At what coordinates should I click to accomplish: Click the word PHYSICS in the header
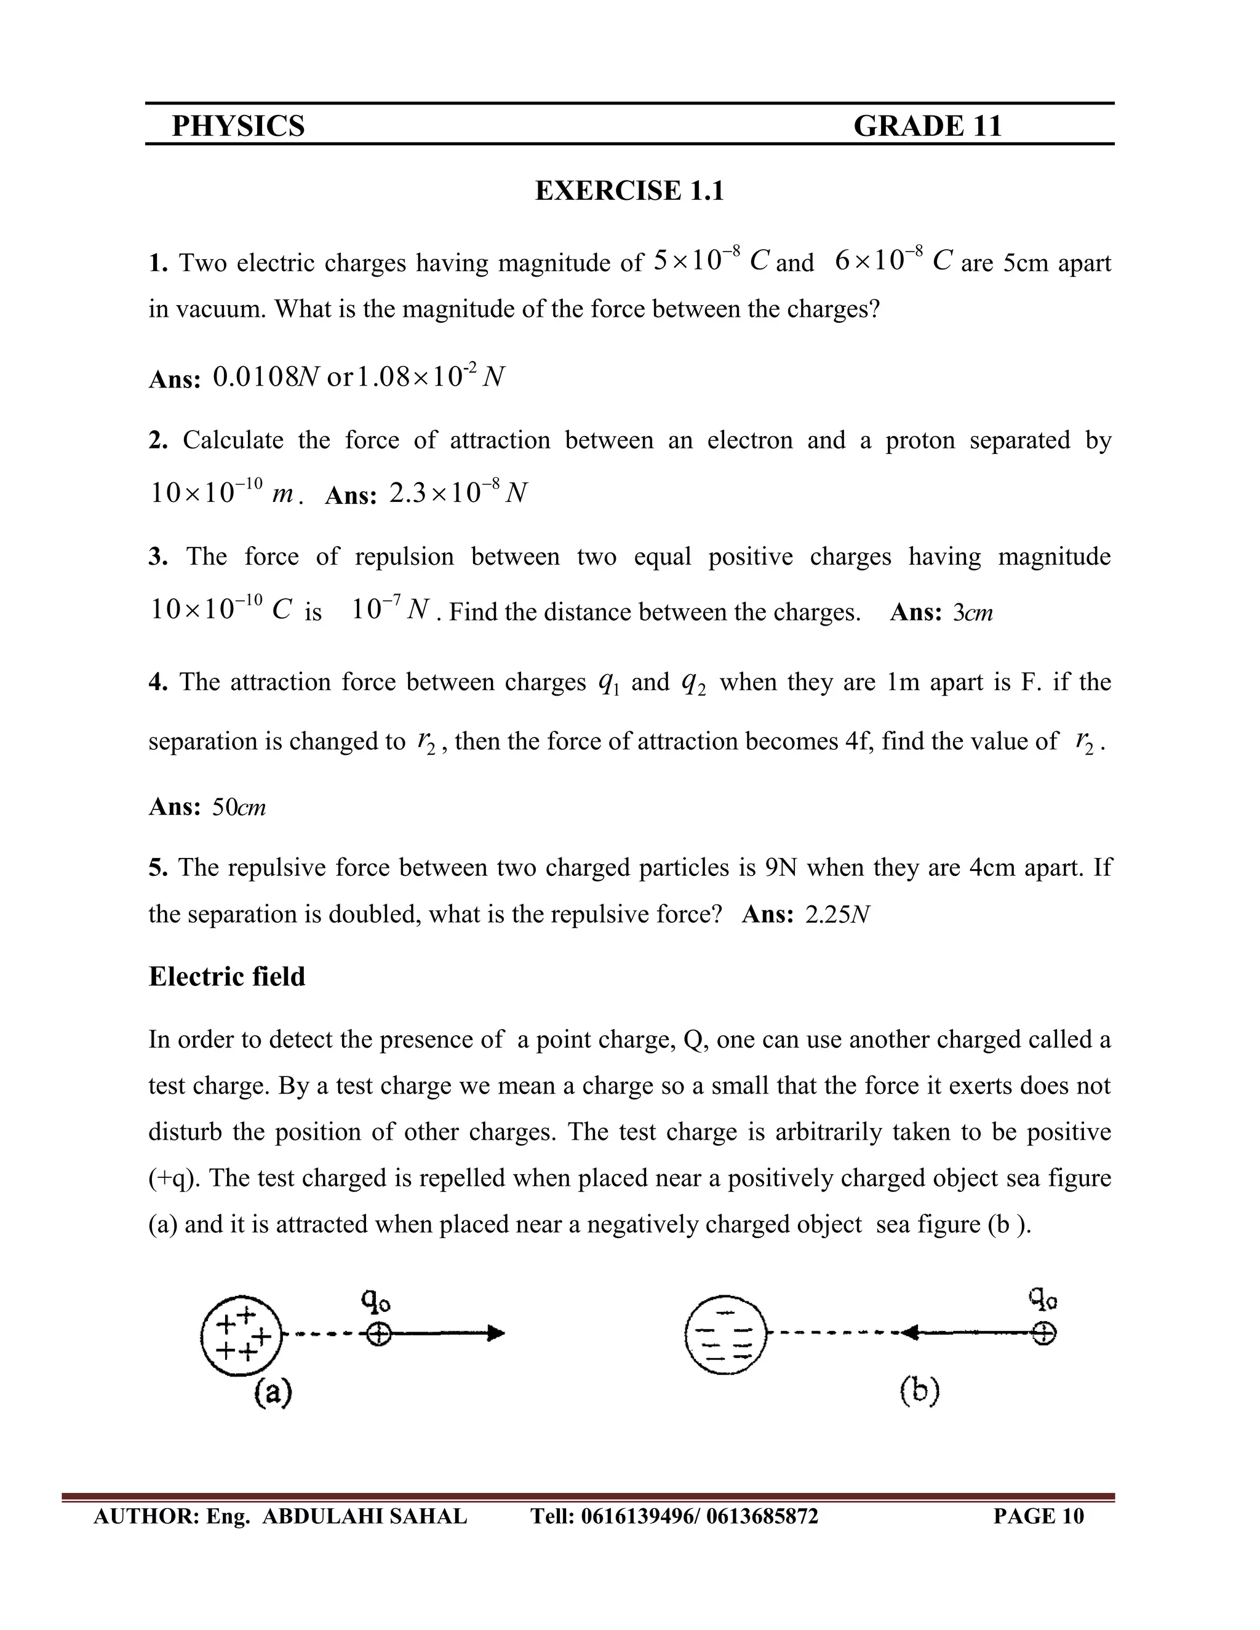(238, 126)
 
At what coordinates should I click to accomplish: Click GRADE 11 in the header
(927, 126)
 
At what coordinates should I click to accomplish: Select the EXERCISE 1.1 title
(629, 191)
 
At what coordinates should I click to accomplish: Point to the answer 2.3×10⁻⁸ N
(458, 493)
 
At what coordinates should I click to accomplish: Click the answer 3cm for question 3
(973, 613)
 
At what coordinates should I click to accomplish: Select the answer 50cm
(239, 807)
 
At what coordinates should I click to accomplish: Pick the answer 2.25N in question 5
(837, 915)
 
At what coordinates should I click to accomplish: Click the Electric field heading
(227, 977)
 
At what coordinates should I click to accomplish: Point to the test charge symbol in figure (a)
(379, 1334)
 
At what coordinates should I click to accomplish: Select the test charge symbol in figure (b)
(1043, 1334)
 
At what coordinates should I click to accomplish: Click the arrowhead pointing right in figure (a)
(496, 1334)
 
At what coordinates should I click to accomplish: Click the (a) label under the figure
(273, 1393)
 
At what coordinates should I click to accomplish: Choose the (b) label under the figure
(919, 1391)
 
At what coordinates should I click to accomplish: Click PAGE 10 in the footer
(1039, 1516)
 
